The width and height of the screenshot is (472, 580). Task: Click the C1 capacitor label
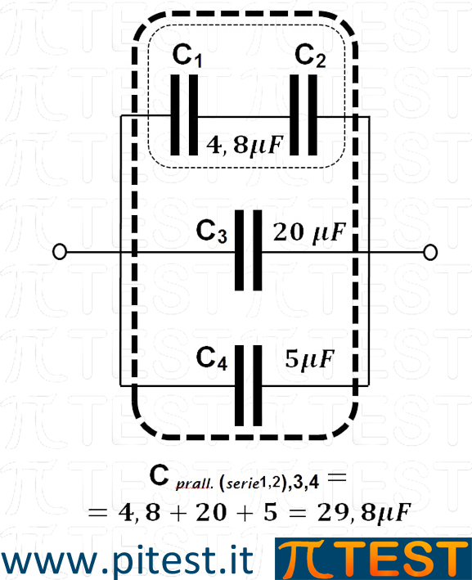(x=187, y=56)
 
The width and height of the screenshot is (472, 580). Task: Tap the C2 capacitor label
(x=310, y=56)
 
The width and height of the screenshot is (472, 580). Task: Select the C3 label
(x=212, y=232)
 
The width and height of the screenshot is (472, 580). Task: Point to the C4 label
(x=212, y=358)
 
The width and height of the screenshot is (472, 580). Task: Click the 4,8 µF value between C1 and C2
(x=245, y=145)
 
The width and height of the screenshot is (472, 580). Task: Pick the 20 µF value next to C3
(x=309, y=232)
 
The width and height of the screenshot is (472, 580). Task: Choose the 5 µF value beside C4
(x=310, y=359)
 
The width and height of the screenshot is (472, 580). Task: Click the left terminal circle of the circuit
(x=60, y=252)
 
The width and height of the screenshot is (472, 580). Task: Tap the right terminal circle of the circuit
(x=429, y=252)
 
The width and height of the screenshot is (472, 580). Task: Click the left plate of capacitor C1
(x=175, y=115)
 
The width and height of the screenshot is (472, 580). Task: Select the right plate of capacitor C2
(x=312, y=115)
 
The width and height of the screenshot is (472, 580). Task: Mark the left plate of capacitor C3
(x=240, y=250)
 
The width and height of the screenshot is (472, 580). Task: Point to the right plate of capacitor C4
(x=258, y=385)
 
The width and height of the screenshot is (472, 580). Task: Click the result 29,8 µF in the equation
(x=364, y=513)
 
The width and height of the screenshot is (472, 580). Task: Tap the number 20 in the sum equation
(x=211, y=513)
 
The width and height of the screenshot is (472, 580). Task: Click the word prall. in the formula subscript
(x=195, y=483)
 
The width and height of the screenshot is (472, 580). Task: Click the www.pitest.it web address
(x=128, y=560)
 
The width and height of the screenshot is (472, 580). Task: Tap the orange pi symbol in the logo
(x=300, y=560)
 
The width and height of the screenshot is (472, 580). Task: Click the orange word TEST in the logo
(x=395, y=560)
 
